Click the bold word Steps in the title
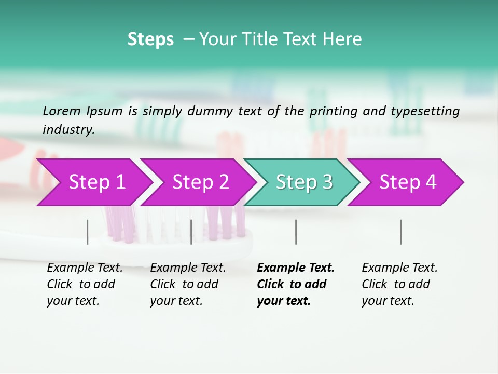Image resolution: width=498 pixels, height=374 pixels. (150, 39)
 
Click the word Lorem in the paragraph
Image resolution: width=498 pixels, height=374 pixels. (61, 111)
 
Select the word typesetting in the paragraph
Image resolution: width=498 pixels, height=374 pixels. (430, 111)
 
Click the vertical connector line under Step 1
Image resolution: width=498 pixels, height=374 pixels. (88, 232)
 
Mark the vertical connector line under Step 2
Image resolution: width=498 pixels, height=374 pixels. (191, 232)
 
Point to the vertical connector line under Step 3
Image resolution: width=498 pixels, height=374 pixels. (296, 232)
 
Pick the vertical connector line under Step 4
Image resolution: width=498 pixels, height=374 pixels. (400, 232)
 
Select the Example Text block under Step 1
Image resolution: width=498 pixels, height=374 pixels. (85, 284)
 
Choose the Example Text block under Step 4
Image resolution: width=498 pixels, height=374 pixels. (399, 284)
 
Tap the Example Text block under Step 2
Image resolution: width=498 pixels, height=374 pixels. (188, 284)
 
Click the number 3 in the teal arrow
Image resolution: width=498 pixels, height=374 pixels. (326, 182)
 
